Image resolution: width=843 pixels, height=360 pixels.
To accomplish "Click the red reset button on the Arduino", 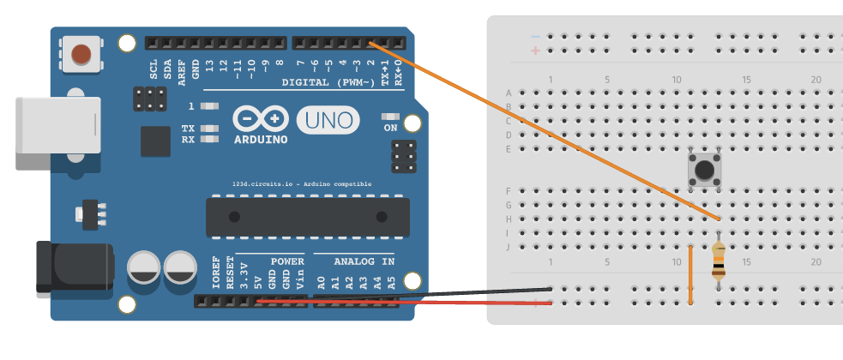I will pos(82,54).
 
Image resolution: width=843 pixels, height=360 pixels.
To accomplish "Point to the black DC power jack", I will pos(72,266).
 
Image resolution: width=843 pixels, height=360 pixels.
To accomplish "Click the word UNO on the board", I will pos(330,120).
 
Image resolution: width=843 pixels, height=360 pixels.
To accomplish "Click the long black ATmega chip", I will pos(307,217).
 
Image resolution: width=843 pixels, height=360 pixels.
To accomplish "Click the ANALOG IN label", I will pos(364,261).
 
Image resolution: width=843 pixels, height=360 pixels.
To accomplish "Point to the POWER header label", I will pos(287,261).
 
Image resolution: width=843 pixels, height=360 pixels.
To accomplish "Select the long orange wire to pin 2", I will pos(540,129).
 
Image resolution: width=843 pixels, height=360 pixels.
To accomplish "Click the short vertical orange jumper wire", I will pos(690,274).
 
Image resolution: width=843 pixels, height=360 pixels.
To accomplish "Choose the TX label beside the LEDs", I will pos(188,129).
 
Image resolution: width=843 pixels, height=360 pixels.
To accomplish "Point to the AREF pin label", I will pos(181,70).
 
